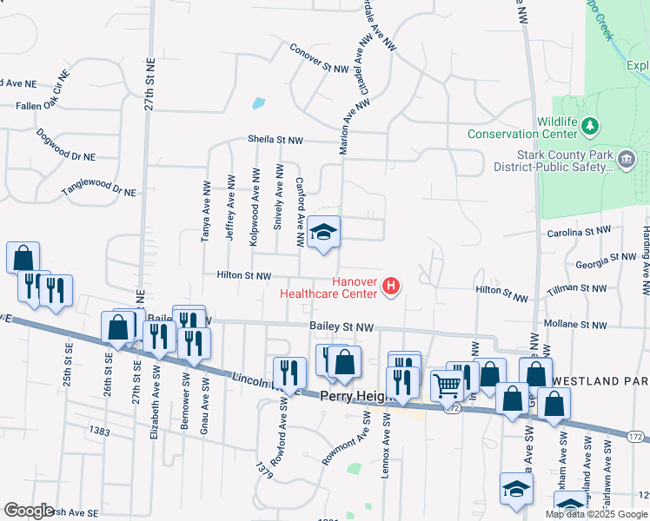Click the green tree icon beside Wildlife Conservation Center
(591, 127)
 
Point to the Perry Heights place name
(357, 395)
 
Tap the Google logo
(29, 511)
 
